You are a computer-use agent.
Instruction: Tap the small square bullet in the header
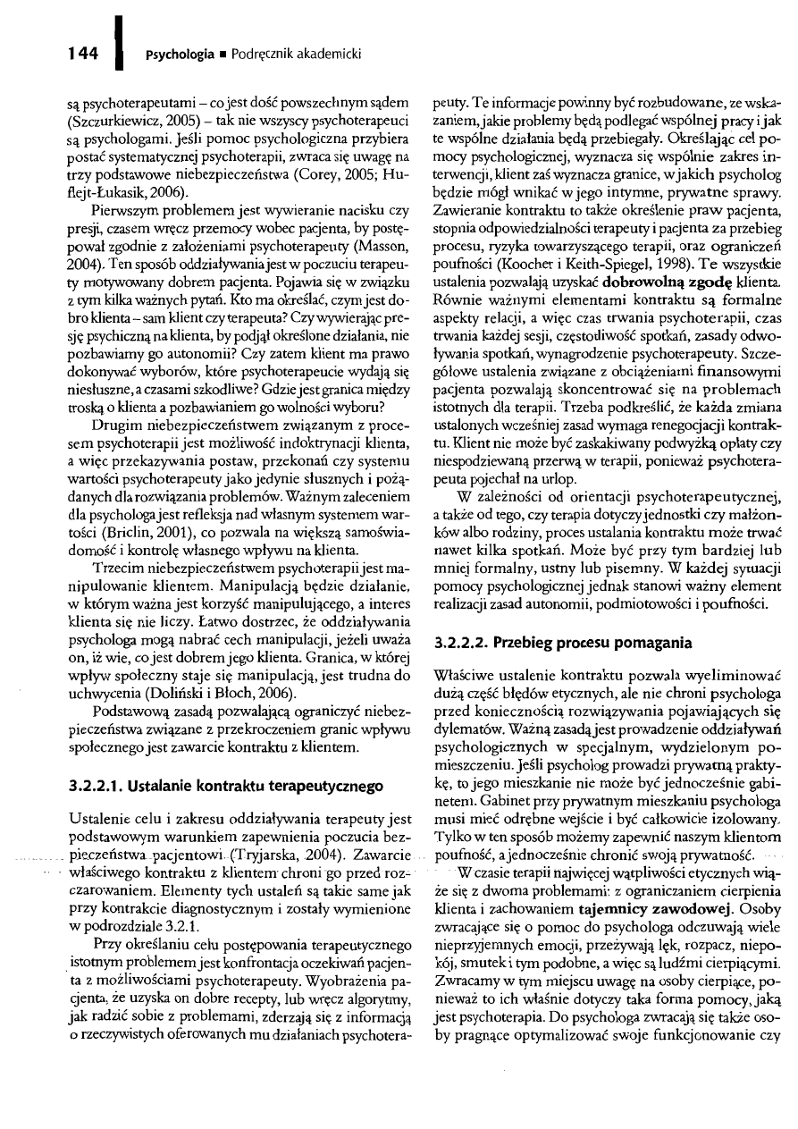[214, 54]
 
